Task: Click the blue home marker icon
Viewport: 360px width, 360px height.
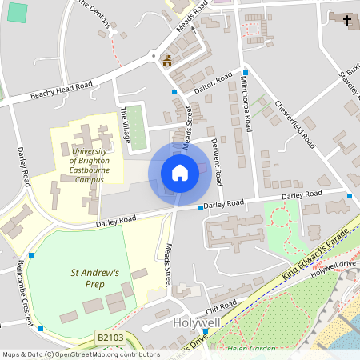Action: pos(180,173)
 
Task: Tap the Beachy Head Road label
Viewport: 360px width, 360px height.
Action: pos(61,90)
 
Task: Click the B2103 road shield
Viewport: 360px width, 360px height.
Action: pos(110,339)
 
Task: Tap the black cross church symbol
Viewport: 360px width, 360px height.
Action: pos(346,19)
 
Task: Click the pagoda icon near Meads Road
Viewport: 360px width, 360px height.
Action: pos(167,60)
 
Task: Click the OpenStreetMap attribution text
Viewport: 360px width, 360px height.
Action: pos(80,354)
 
